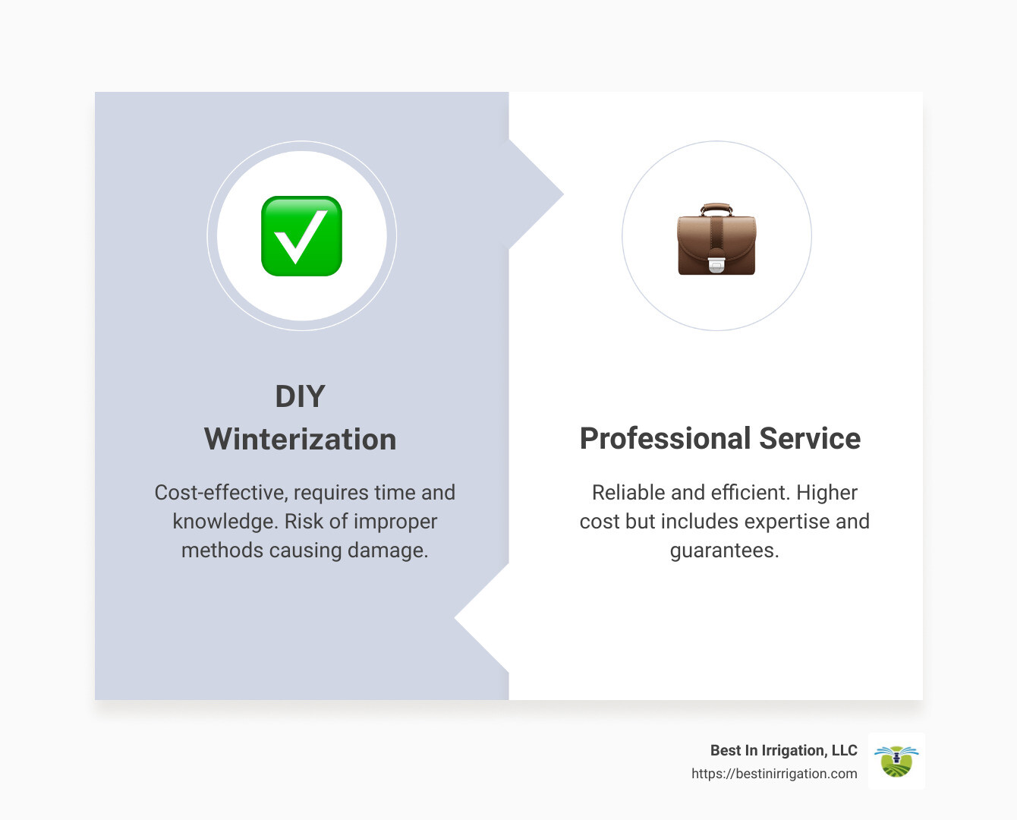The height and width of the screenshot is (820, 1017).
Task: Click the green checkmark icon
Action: point(301,236)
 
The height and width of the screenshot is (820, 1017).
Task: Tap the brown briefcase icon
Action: point(716,241)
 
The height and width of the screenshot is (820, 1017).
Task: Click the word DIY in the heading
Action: point(300,396)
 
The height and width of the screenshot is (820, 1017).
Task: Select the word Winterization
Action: point(300,440)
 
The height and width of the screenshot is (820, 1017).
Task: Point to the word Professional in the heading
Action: point(665,439)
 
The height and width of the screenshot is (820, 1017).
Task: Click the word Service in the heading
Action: point(810,439)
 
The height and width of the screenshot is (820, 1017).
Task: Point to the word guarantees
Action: point(724,550)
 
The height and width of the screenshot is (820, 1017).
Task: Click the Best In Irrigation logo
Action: point(896,761)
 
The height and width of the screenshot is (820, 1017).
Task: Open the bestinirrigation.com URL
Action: point(774,774)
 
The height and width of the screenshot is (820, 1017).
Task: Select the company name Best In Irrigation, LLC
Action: point(783,750)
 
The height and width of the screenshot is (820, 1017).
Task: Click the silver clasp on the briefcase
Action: point(716,264)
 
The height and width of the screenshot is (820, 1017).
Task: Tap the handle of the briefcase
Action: point(716,208)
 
